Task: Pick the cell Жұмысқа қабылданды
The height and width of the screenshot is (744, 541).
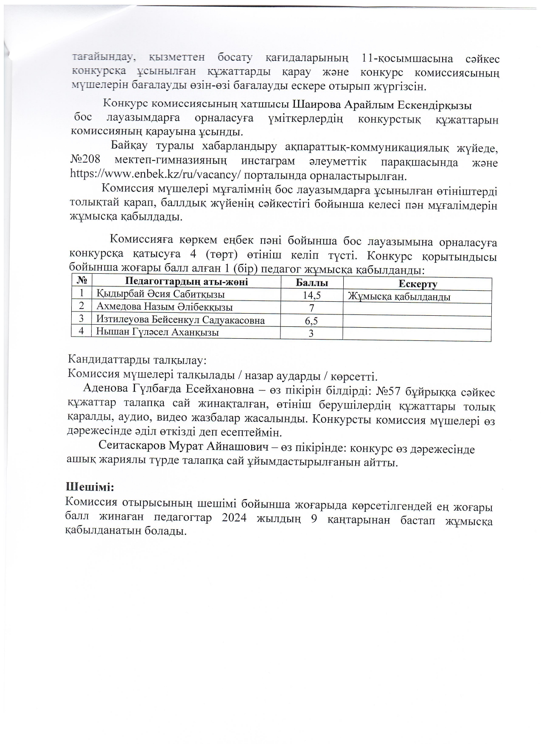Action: (399, 297)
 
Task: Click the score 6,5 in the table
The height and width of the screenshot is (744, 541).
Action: (311, 321)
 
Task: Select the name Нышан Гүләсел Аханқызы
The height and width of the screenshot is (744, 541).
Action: (157, 332)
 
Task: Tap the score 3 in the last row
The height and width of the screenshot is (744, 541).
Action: (311, 334)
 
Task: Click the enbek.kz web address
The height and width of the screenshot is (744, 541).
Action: (156, 175)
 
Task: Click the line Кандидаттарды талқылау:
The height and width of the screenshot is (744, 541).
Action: (137, 360)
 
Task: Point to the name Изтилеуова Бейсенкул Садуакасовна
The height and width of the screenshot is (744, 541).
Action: (181, 320)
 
